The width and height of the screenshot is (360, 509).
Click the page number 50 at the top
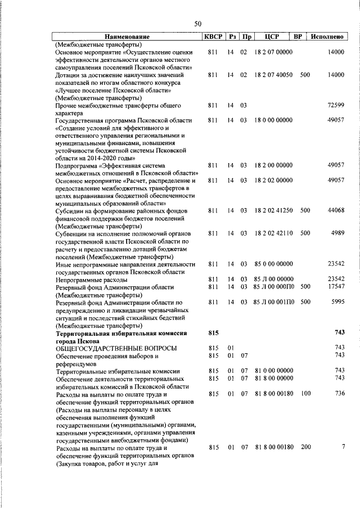197,24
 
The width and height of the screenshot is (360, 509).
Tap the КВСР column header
213,37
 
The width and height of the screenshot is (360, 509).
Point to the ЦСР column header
272,37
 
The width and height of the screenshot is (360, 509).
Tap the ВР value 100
305,394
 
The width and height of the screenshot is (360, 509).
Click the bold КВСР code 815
213,333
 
